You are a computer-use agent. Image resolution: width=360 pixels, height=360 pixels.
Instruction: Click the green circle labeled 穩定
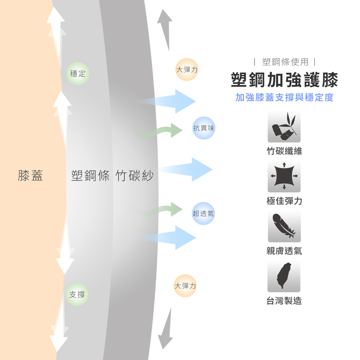click(x=78, y=73)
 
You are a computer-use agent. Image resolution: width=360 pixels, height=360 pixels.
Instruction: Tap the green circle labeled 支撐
click(x=77, y=294)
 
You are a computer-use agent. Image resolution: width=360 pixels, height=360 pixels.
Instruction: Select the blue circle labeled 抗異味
click(x=204, y=128)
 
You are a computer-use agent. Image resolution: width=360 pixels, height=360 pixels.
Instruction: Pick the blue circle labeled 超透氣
click(x=204, y=214)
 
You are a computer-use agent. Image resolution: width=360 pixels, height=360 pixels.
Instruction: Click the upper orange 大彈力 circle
click(x=187, y=70)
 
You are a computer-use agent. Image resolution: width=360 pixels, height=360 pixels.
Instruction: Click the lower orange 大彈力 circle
click(x=185, y=286)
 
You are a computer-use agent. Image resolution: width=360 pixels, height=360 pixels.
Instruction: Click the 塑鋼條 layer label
click(x=90, y=176)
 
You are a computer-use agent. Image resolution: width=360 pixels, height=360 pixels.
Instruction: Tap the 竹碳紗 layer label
click(x=134, y=176)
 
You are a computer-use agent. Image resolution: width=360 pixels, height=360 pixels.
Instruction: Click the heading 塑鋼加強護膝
click(x=284, y=80)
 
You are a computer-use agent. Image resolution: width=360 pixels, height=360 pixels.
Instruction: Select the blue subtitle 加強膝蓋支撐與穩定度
click(x=284, y=97)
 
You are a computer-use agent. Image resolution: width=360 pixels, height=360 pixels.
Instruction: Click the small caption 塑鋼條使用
click(x=285, y=62)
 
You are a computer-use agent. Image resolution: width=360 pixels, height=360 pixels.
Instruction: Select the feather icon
click(x=284, y=226)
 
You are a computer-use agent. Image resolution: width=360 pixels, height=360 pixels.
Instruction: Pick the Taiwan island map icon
click(x=284, y=276)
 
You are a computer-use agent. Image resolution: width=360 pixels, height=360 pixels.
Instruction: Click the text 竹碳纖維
click(x=284, y=151)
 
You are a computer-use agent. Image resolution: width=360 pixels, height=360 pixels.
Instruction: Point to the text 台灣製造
click(x=284, y=301)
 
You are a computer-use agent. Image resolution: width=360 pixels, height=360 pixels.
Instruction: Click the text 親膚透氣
click(x=284, y=251)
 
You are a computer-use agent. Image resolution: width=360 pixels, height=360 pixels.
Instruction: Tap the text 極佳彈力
click(x=284, y=201)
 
